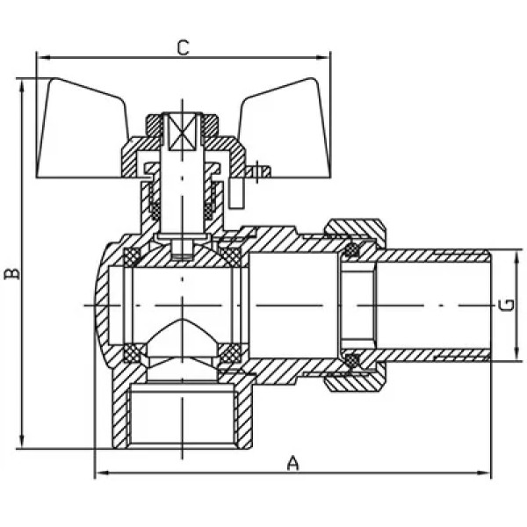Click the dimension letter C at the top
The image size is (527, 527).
[184, 47]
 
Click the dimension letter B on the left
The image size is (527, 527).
[12, 273]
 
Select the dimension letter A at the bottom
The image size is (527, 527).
[292, 463]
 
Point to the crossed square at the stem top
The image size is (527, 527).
[182, 132]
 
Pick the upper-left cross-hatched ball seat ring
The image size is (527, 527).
[132, 256]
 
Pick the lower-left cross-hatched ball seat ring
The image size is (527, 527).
[132, 353]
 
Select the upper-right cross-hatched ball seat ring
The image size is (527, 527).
[230, 256]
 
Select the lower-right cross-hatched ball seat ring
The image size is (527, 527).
[230, 353]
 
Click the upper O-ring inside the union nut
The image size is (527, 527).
[352, 250]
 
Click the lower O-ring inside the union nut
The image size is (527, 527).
[352, 360]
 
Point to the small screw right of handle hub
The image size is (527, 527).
[257, 171]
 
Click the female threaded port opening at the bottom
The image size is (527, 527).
[183, 416]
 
